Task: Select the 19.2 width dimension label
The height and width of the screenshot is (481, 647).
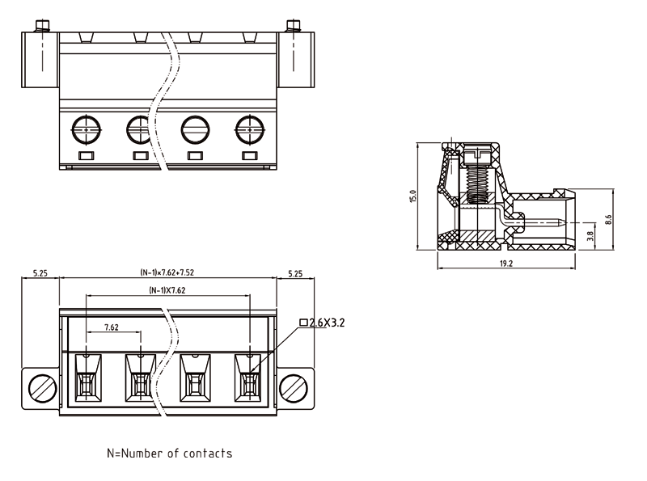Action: [x=505, y=264]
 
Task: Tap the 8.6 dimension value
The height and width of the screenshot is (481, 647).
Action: [x=607, y=218]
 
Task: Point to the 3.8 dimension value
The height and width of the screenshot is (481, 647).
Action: [x=590, y=236]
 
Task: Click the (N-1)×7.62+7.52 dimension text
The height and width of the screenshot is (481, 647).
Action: [x=167, y=273]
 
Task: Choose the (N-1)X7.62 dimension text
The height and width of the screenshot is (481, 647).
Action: [x=167, y=289]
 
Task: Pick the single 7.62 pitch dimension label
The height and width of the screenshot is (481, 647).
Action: [x=112, y=327]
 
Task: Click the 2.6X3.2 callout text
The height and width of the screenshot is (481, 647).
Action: [x=327, y=322]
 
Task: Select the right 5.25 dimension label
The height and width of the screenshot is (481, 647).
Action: [x=295, y=274]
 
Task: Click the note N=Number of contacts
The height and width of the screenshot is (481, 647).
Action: [x=170, y=454]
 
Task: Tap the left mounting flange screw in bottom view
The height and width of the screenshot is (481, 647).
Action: [x=40, y=388]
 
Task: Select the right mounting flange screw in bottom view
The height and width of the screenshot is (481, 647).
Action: [x=296, y=388]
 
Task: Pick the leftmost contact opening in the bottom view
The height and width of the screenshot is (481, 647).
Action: [x=87, y=378]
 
